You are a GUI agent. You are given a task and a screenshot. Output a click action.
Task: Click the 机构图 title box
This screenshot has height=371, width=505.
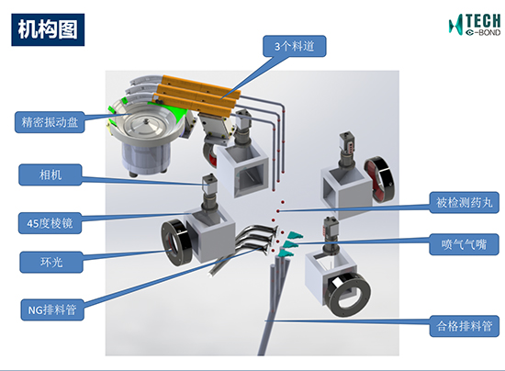click(48, 29)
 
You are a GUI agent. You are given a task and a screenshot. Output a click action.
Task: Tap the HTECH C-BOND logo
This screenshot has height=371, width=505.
click(475, 25)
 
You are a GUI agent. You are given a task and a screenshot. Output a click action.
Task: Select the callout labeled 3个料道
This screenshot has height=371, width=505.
click(295, 46)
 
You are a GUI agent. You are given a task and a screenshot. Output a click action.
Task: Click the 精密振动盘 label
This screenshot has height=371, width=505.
click(50, 122)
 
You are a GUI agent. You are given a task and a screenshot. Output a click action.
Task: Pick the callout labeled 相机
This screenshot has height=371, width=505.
click(50, 174)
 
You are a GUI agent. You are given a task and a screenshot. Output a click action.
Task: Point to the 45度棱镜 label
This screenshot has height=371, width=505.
click(50, 223)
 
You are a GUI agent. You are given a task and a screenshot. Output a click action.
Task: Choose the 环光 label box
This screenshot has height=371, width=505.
click(51, 262)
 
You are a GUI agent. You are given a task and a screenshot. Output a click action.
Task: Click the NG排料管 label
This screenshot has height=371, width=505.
click(52, 309)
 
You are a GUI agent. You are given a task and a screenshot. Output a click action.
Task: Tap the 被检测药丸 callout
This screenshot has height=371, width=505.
click(464, 203)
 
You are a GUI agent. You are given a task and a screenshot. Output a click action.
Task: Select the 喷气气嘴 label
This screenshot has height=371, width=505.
click(464, 244)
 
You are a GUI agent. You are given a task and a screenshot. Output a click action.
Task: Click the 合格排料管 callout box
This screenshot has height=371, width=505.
click(464, 326)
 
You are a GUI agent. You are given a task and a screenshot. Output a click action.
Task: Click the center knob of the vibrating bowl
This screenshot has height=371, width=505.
click(147, 121)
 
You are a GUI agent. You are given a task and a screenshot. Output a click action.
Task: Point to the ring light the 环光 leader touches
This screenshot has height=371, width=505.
click(174, 242)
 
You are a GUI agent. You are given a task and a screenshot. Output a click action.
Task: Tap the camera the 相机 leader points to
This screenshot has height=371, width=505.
click(209, 185)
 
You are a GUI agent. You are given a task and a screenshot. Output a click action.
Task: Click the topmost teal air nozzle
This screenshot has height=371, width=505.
click(296, 235)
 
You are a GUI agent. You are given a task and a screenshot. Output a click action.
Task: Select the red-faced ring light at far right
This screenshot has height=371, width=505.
click(379, 179)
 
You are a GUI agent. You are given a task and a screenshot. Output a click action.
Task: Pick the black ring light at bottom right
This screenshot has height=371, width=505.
click(348, 295)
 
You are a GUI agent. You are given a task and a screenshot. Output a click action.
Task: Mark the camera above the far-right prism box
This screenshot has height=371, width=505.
click(347, 145)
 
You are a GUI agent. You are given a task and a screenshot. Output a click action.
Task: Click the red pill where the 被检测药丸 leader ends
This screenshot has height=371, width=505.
click(278, 211)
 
